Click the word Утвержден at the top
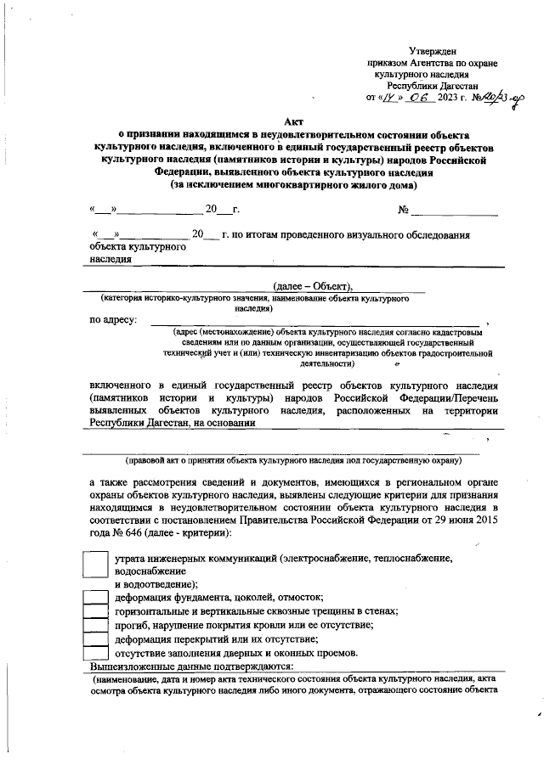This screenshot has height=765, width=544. point(431,50)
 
